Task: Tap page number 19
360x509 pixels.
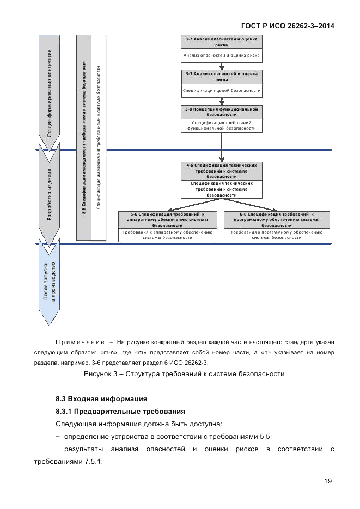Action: pos(327,480)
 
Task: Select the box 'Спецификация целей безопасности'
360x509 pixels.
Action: pos(222,90)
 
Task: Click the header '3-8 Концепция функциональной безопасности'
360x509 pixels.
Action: pos(222,112)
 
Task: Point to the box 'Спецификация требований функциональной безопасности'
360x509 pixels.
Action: pos(222,126)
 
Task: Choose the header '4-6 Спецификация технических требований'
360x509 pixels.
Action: pos(222,170)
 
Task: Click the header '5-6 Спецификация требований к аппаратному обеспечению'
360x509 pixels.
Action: pos(168,219)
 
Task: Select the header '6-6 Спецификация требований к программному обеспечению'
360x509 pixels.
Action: pos(277,219)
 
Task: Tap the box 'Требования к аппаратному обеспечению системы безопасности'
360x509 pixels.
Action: pos(168,235)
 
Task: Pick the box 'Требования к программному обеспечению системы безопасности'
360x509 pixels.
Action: pos(277,235)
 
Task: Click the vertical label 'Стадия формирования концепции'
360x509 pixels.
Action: pos(49,98)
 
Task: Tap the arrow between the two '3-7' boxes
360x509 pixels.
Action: pos(222,65)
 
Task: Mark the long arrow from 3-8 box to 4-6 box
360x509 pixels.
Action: pos(222,146)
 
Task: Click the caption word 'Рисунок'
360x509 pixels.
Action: pos(97,374)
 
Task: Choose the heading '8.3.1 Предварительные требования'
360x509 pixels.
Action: pos(120,410)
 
